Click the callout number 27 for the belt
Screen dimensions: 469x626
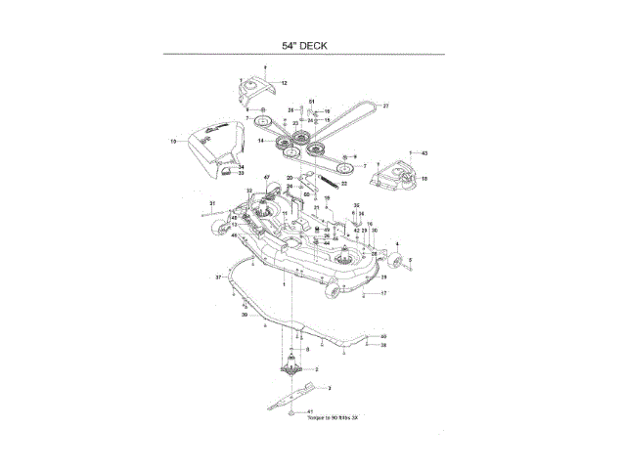[x=385, y=106]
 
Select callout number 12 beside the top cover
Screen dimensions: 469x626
[x=285, y=84]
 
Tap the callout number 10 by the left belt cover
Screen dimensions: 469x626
[x=173, y=143]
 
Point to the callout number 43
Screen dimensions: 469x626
[x=425, y=153]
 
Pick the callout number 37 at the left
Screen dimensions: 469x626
[x=219, y=278]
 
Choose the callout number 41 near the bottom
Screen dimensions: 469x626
[x=310, y=412]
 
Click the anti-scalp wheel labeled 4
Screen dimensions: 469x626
[x=397, y=262]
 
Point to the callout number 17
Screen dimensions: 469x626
[x=383, y=293]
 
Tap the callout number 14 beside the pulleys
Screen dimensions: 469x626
[x=262, y=141]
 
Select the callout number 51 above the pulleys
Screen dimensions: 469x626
[x=312, y=102]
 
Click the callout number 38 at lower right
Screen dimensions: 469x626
[x=383, y=346]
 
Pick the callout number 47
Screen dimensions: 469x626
[x=266, y=176]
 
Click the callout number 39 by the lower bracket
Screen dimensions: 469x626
[x=245, y=315]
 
